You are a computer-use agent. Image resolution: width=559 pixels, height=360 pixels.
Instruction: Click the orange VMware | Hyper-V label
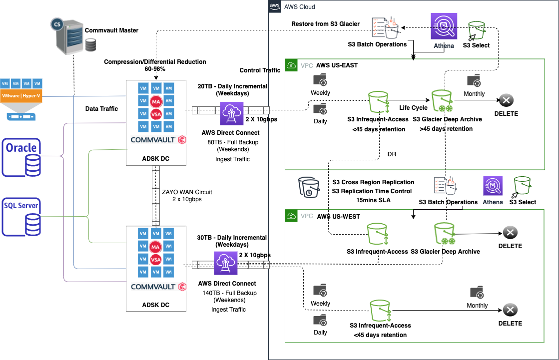click(28, 96)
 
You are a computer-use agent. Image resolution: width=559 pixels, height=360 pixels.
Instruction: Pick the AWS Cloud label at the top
click(299, 7)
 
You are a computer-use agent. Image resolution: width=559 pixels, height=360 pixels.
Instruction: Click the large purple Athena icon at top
click(444, 26)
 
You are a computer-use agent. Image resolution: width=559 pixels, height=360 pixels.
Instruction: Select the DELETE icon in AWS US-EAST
click(506, 101)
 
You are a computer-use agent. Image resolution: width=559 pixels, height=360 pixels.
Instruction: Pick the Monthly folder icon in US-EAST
click(474, 80)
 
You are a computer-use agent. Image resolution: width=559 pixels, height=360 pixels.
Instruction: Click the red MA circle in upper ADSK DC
click(155, 101)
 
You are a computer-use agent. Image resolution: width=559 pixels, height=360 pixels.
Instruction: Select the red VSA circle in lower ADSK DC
click(155, 260)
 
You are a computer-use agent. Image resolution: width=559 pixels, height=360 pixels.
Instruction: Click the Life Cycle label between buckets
click(413, 108)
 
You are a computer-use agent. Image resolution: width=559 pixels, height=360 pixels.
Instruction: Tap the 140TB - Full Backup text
click(229, 293)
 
